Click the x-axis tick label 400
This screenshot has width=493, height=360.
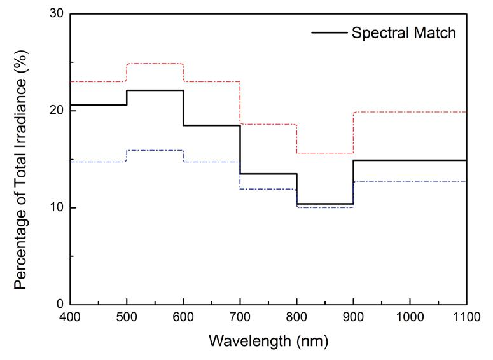click(71, 316)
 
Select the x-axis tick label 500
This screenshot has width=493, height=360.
click(127, 316)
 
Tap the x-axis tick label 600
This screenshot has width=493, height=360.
click(184, 316)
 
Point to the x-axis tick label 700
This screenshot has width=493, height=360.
click(240, 316)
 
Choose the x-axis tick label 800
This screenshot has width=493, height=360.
click(297, 316)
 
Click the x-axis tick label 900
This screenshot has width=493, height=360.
click(354, 316)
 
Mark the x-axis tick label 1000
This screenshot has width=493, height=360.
click(410, 316)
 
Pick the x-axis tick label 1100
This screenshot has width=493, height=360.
click(466, 316)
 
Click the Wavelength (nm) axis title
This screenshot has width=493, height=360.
click(268, 342)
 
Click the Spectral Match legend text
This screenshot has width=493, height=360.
click(404, 33)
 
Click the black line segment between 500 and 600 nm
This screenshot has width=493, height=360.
click(155, 90)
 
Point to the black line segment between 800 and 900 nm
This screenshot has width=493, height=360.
click(325, 204)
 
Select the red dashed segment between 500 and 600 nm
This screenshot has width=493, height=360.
click(155, 64)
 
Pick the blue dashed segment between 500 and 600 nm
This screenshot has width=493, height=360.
click(155, 150)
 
